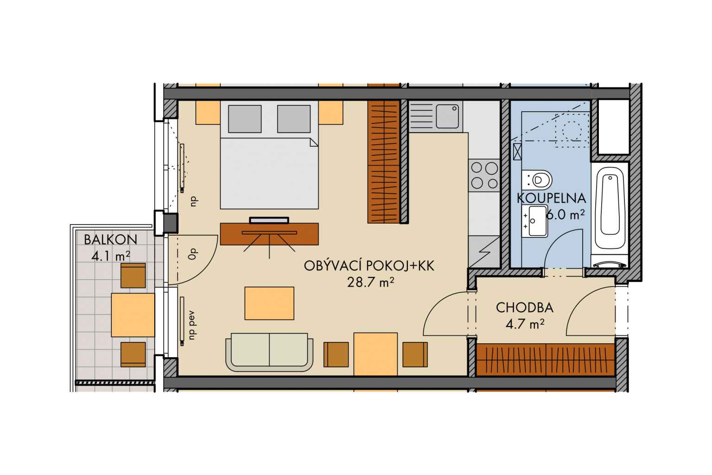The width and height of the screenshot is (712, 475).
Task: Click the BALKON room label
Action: point(110,239)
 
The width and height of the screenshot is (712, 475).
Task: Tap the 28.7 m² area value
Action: point(371,282)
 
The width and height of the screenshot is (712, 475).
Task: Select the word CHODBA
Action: point(524,308)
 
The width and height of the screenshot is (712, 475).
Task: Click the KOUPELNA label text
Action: point(551,198)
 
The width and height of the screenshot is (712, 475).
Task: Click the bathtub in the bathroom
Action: point(610,208)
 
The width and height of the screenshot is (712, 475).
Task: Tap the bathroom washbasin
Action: point(534,221)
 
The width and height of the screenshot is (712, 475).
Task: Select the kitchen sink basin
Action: point(447,116)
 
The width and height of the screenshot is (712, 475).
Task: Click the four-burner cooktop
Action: point(484,175)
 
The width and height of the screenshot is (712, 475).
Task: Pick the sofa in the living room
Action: point(269,352)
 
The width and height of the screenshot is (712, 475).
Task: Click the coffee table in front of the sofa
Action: point(269,303)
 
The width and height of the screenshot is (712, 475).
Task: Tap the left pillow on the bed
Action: point(245,119)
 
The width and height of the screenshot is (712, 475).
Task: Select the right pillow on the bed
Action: point(294,119)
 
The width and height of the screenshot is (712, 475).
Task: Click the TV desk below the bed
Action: point(269,234)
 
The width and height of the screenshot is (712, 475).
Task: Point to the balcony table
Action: point(133,315)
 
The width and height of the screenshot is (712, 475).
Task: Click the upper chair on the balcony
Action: point(133,276)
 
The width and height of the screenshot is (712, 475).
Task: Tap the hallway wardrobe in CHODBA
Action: point(546,360)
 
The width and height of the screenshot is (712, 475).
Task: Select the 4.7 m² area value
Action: point(525,324)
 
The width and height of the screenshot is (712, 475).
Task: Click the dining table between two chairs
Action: point(375,354)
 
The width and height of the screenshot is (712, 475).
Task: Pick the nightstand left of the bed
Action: point(208,113)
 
